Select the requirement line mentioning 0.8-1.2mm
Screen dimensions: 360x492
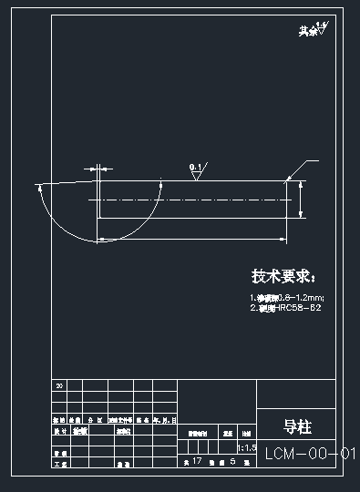pyautogui.click(x=286, y=298)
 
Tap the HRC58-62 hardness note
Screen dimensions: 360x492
pyautogui.click(x=286, y=308)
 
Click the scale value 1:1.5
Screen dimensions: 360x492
pyautogui.click(x=245, y=448)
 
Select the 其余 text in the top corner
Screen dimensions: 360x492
pyautogui.click(x=307, y=32)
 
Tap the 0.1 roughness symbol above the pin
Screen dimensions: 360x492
pyautogui.click(x=198, y=169)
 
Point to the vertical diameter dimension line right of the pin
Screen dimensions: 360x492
pyautogui.click(x=300, y=200)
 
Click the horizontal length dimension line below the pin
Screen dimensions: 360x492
pyautogui.click(x=191, y=239)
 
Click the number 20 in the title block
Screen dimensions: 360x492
pyautogui.click(x=60, y=386)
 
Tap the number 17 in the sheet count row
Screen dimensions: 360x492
pyautogui.click(x=197, y=462)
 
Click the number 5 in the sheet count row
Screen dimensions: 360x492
pyautogui.click(x=234, y=462)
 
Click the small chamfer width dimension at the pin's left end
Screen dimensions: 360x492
pyautogui.click(x=94, y=169)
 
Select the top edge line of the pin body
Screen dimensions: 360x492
pyautogui.click(x=191, y=180)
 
